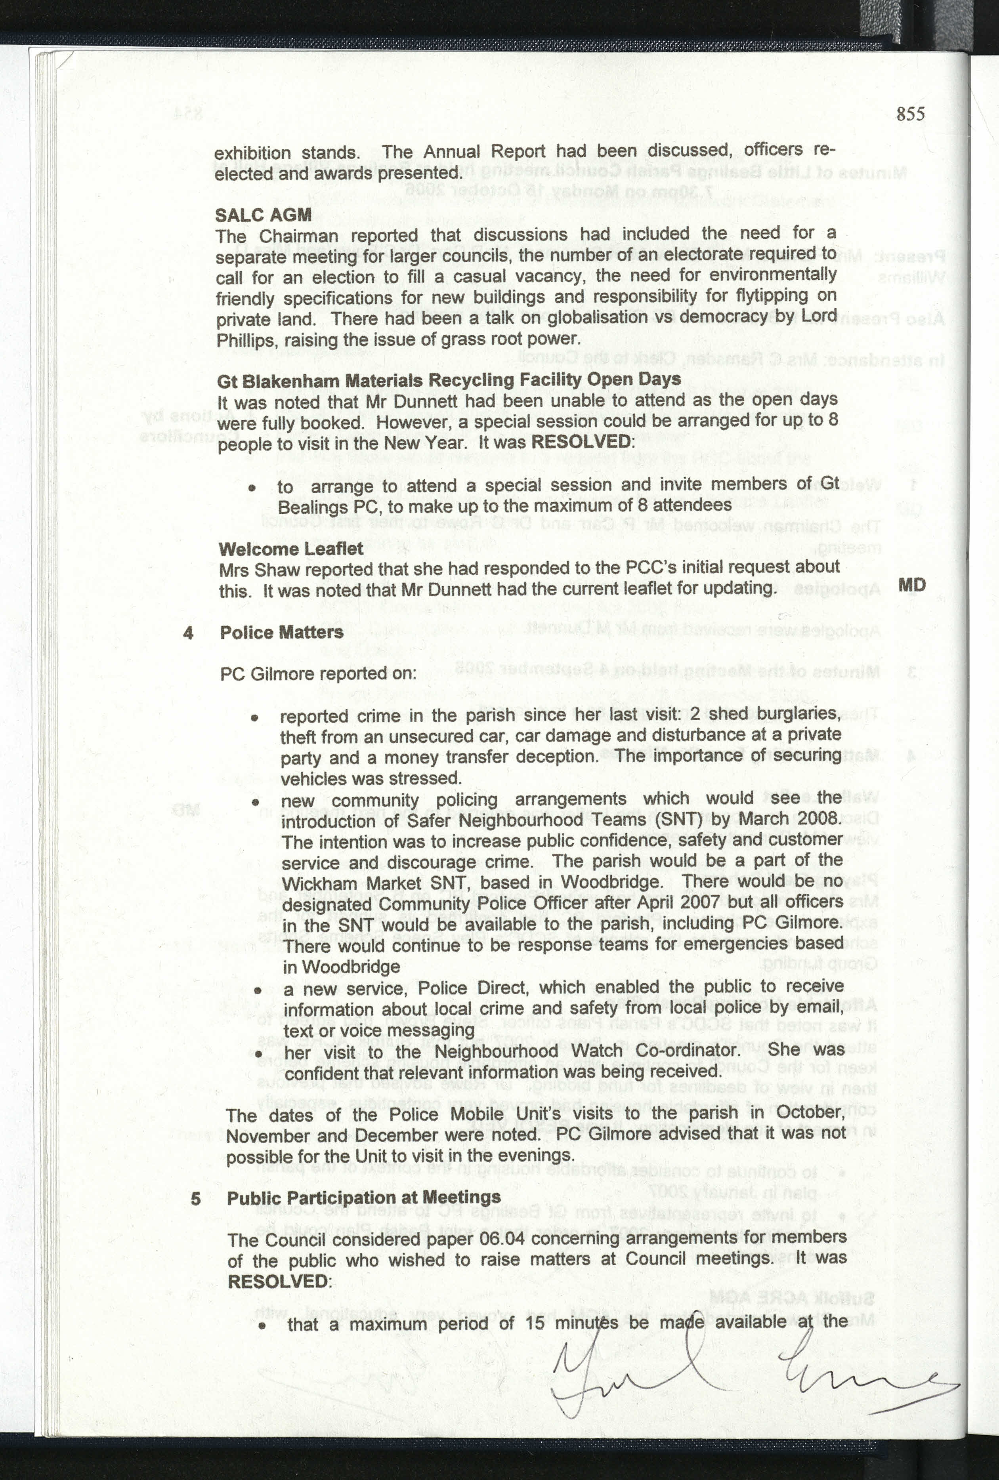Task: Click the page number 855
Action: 910,114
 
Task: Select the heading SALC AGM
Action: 263,215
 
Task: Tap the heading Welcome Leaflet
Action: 290,549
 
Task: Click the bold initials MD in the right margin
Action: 911,585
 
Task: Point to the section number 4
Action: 188,633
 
